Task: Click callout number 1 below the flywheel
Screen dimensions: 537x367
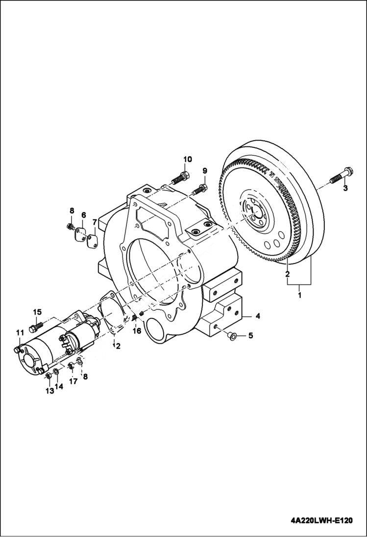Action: pos(299,296)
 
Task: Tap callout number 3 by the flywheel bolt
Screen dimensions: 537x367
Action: pos(345,188)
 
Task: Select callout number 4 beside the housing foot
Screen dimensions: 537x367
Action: pos(258,316)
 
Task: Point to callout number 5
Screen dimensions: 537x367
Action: pos(250,336)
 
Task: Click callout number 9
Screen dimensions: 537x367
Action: pos(205,170)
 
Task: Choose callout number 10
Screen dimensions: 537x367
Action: pos(188,159)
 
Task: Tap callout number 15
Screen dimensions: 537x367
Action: pos(37,312)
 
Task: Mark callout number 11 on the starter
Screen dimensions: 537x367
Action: pos(20,333)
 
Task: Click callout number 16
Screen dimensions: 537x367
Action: pos(137,330)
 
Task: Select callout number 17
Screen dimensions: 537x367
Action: pos(73,381)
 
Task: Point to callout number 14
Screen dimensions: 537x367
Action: pos(59,386)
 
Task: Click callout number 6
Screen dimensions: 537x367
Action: pos(83,215)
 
